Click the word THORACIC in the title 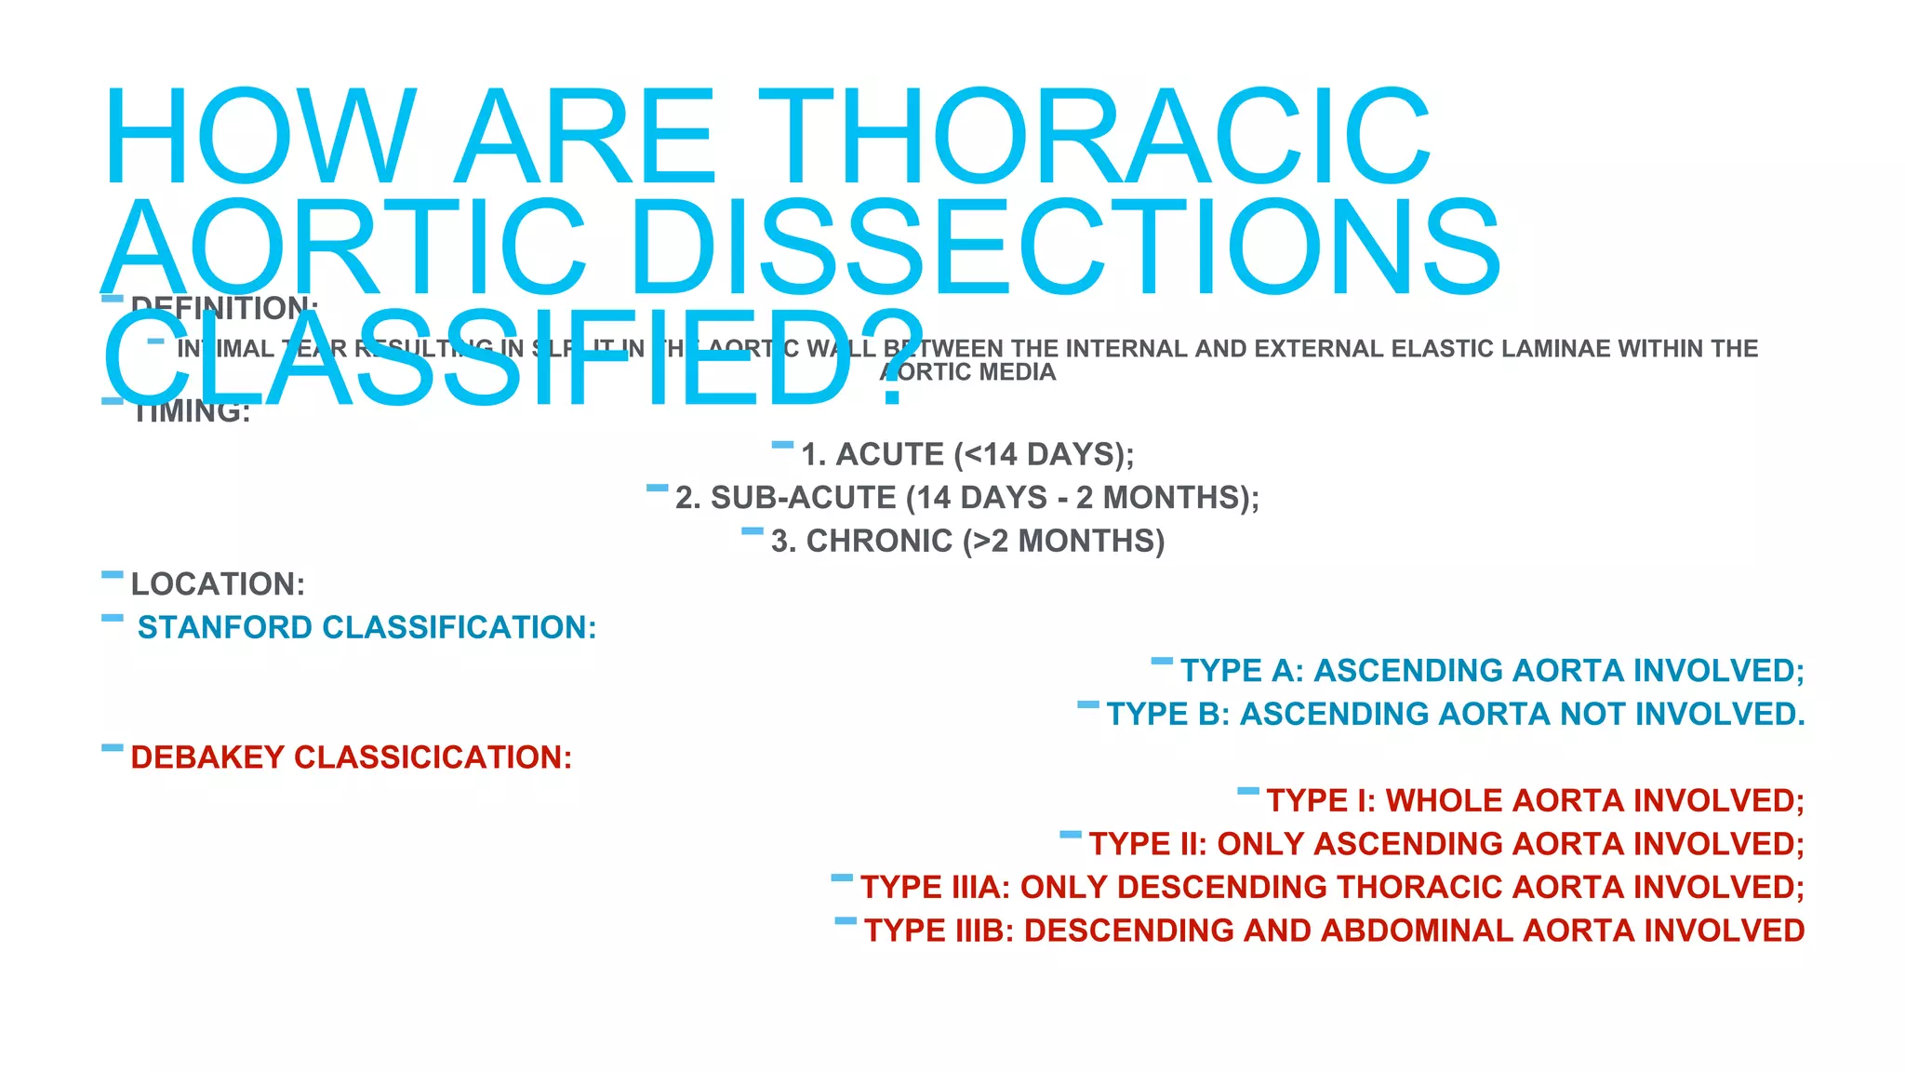(1098, 138)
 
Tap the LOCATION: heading (218, 584)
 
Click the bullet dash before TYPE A (1162, 662)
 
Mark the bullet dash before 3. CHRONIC (753, 532)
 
